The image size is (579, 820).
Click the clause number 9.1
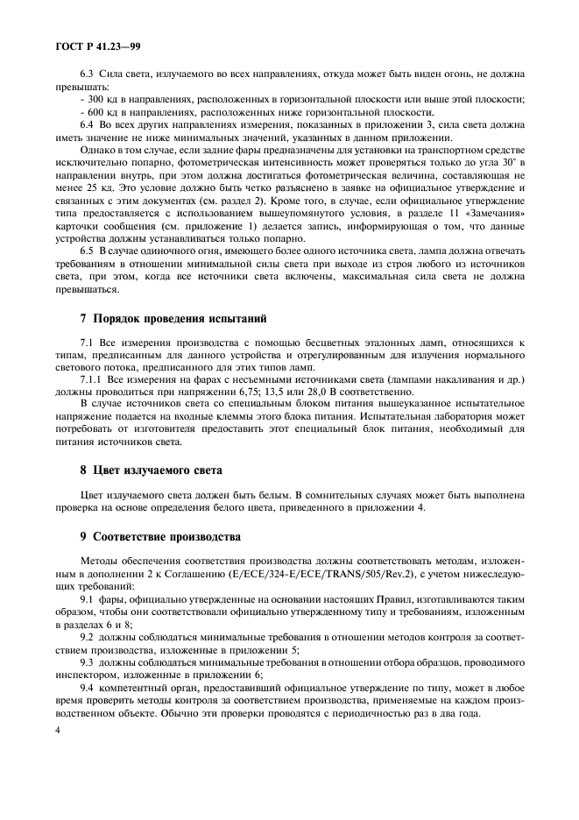[89, 597]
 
